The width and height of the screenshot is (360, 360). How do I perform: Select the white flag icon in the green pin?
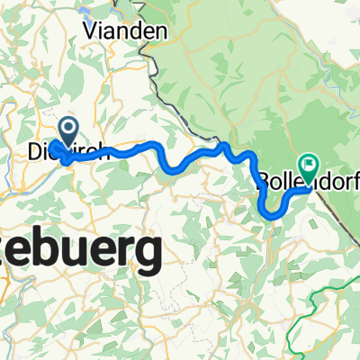click(x=310, y=165)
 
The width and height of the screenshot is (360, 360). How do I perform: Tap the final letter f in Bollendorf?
click(x=352, y=181)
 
